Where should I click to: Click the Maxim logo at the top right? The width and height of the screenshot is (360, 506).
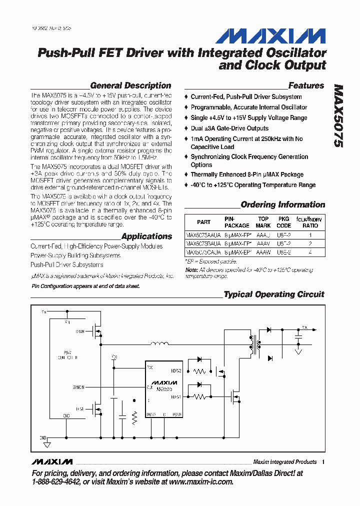pyautogui.click(x=271, y=36)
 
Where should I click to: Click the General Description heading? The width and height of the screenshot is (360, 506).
pyautogui.click(x=130, y=85)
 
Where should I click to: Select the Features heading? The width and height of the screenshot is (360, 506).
pyautogui.click(x=306, y=85)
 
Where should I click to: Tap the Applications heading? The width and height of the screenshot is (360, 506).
pyautogui.click(x=146, y=236)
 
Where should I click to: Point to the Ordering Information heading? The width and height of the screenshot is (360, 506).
pyautogui.click(x=282, y=204)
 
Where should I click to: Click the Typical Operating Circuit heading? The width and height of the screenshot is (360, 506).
pyautogui.click(x=273, y=294)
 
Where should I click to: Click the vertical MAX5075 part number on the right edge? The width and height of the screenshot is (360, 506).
pyautogui.click(x=338, y=115)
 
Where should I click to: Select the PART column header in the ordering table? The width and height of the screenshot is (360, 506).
pyautogui.click(x=203, y=222)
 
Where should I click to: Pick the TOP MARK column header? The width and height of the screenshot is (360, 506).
pyautogui.click(x=263, y=222)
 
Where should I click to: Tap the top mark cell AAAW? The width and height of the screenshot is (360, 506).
pyautogui.click(x=263, y=252)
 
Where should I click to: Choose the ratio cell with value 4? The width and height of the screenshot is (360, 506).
pyautogui.click(x=310, y=252)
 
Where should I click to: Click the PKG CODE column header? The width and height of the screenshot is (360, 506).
pyautogui.click(x=284, y=222)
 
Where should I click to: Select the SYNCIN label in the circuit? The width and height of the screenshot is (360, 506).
pyautogui.click(x=78, y=387)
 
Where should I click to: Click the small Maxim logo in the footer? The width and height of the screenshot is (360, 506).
pyautogui.click(x=51, y=461)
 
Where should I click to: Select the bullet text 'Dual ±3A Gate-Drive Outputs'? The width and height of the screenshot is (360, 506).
pyautogui.click(x=229, y=128)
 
